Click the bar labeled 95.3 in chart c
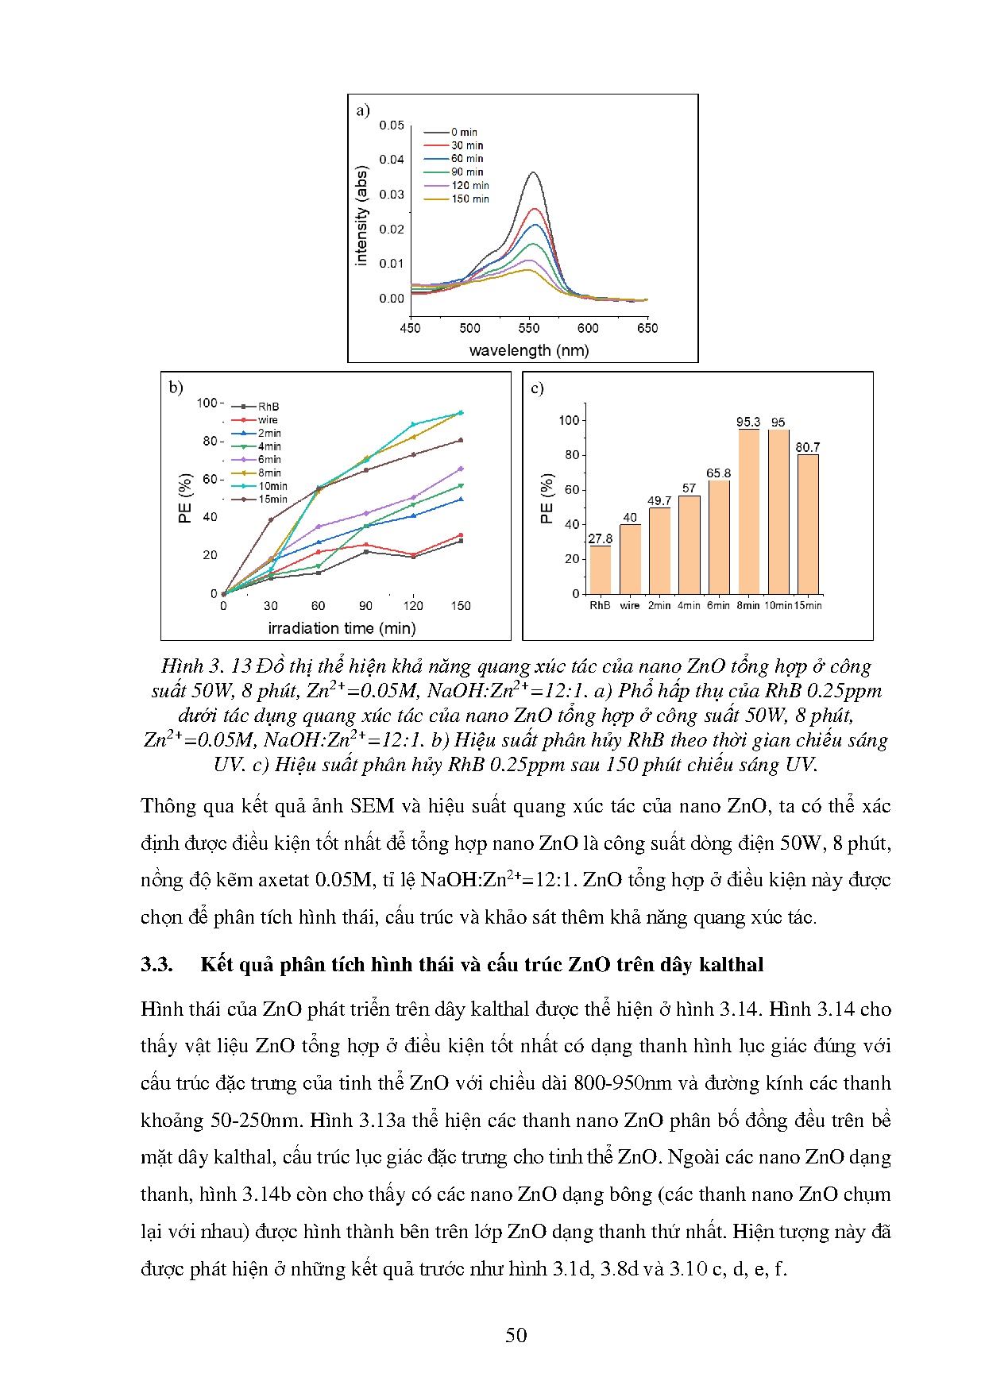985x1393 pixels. coord(748,511)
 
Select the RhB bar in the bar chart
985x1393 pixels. coord(601,569)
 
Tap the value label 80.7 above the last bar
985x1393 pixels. coord(808,447)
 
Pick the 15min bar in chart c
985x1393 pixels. coord(808,524)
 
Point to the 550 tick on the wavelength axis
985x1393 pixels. coord(529,328)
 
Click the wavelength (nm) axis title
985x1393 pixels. coord(529,350)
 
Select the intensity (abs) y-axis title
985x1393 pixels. coord(361,215)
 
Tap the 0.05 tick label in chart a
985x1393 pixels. coord(392,125)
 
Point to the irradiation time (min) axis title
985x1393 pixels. coord(342,628)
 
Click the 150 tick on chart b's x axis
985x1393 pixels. coord(461,606)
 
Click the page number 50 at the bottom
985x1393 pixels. coord(516,1335)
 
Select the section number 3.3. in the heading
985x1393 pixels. coord(157,964)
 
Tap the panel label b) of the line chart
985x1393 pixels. coord(176,388)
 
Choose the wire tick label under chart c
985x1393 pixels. coord(630,605)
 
